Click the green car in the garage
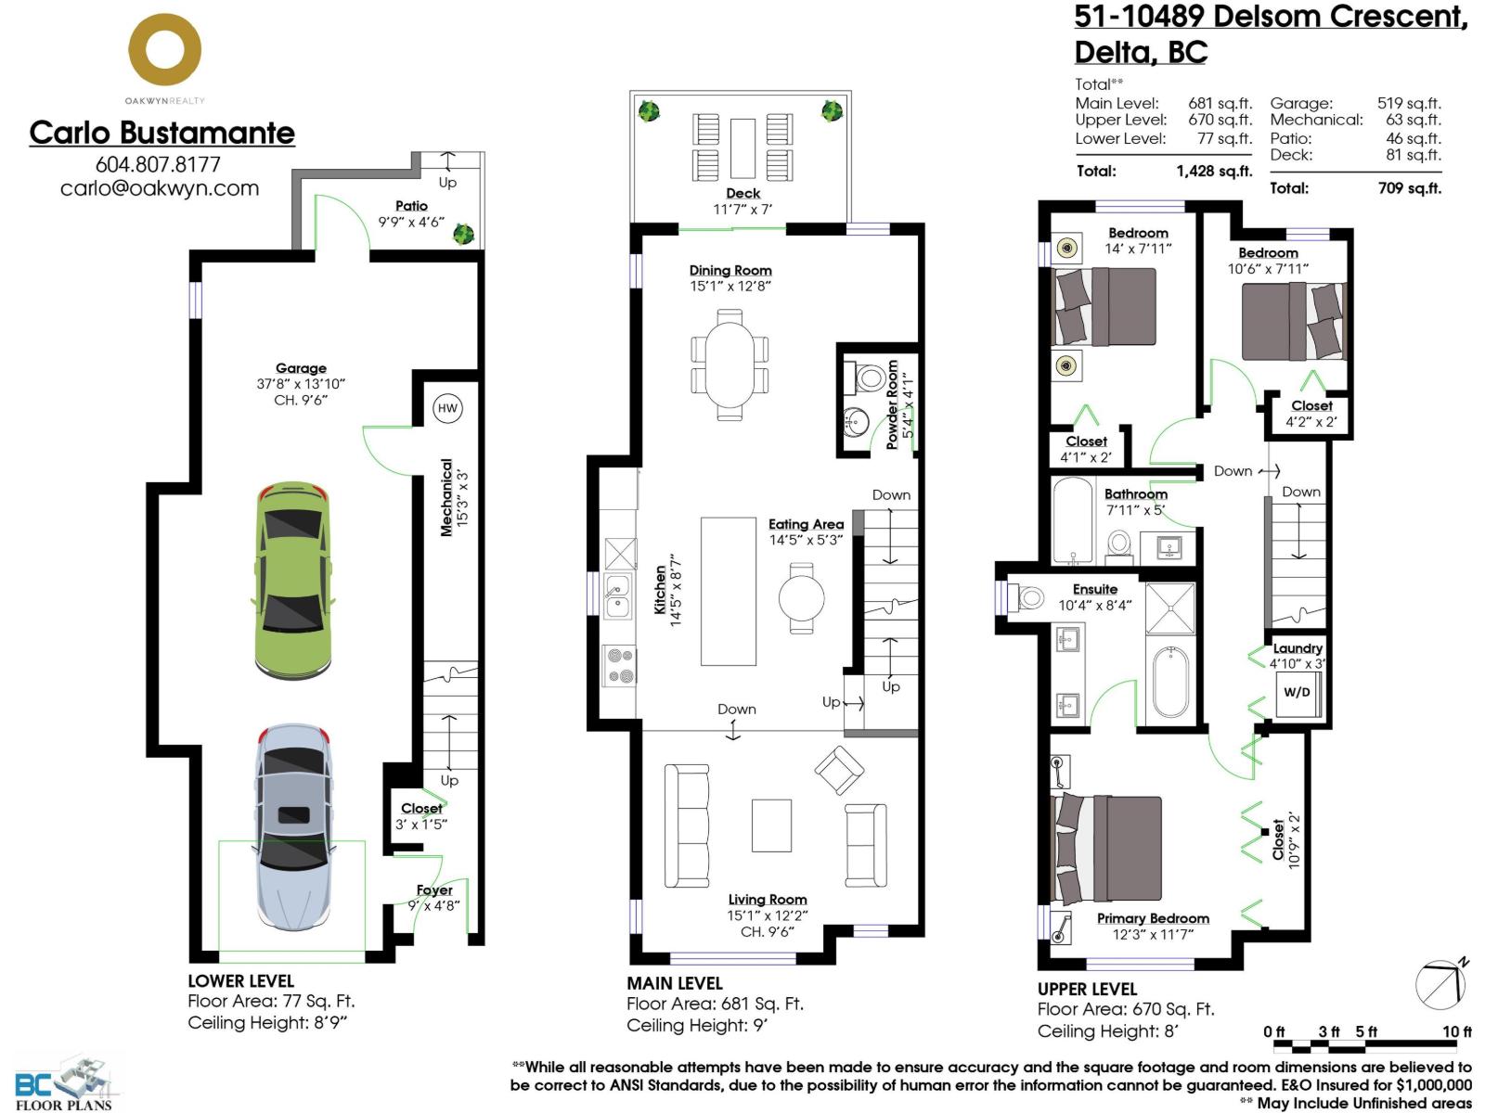pos(292,580)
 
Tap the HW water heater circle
pos(447,408)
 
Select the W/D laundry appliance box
pos(1297,693)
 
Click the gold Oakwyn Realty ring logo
pos(165,52)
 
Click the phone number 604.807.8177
pos(158,164)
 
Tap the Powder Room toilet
pos(870,377)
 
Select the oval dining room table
pos(730,364)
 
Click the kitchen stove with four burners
pos(620,666)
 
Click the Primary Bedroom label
pos(1153,918)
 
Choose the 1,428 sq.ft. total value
pos(1213,172)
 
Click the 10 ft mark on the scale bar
pos(1456,1031)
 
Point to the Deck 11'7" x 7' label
pos(742,200)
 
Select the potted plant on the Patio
pos(462,233)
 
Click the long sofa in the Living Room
pos(686,826)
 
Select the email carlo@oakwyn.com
pos(160,188)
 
